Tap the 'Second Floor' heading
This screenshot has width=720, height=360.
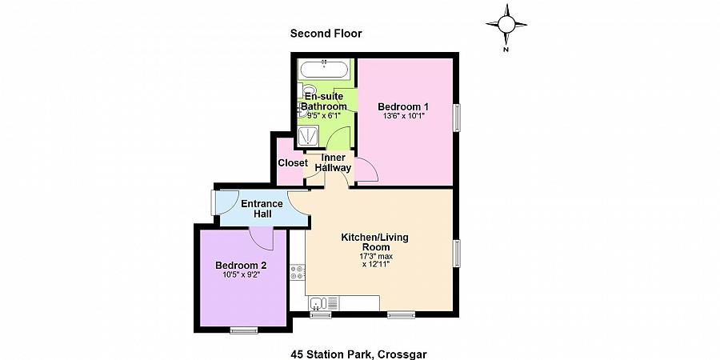326,34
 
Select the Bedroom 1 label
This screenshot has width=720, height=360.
403,106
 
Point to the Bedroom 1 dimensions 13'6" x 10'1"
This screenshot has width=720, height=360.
403,117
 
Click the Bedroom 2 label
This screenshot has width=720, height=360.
241,265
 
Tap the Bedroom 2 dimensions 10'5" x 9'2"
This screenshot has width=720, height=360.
241,275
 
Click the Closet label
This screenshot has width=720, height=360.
293,163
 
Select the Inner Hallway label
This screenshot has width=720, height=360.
333,163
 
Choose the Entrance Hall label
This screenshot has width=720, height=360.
262,209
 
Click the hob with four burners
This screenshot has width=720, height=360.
298,272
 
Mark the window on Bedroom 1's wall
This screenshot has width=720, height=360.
458,118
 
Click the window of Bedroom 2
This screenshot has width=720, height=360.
243,330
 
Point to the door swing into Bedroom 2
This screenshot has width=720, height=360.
262,238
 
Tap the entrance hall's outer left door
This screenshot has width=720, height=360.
214,202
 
